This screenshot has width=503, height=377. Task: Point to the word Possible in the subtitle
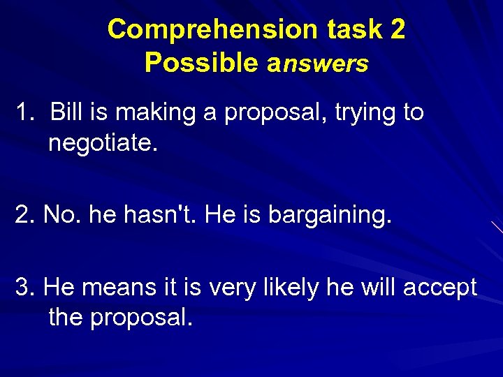(201, 63)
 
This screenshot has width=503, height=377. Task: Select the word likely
(295, 287)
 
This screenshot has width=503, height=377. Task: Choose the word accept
(439, 287)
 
